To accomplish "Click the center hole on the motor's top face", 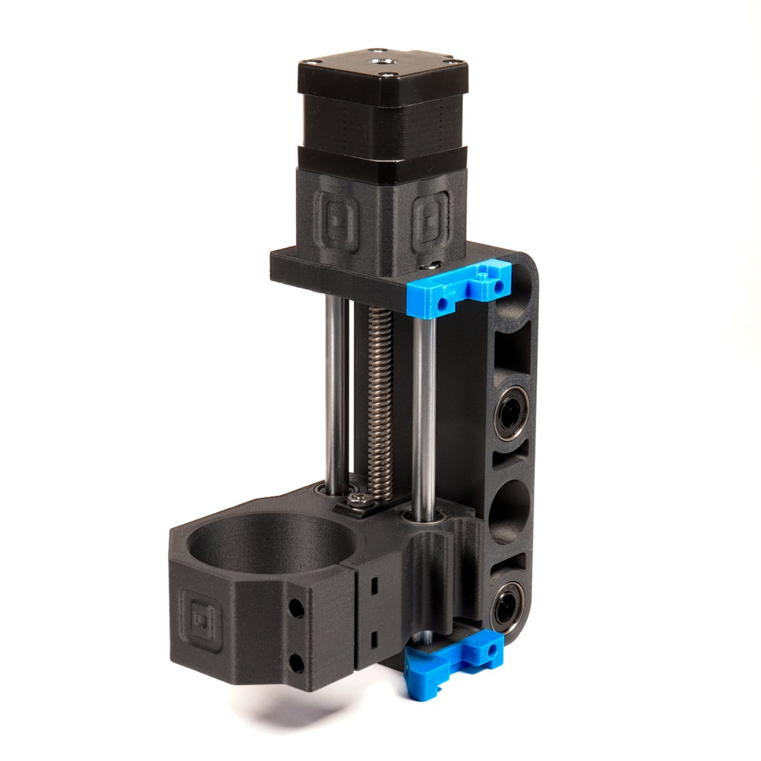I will point(385,63).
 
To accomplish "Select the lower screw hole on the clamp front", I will point(297,662).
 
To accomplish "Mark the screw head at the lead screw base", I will point(360,500).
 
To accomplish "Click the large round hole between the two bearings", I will point(509,511).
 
